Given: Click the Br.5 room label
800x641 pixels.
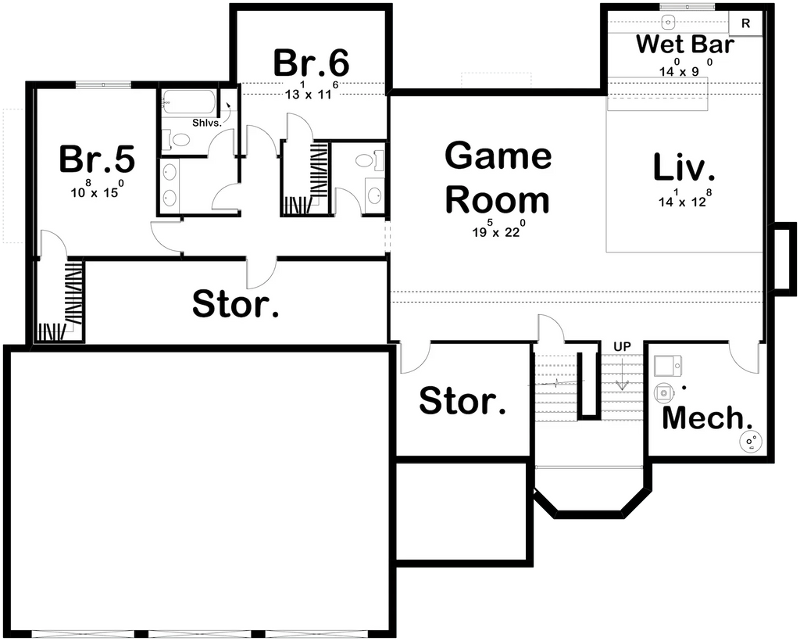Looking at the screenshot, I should [97, 159].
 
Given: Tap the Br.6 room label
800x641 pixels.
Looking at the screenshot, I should [311, 63].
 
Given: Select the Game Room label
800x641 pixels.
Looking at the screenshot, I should [498, 178].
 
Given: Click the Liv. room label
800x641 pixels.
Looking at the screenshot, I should [684, 167].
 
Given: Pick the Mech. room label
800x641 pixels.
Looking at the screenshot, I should [702, 418].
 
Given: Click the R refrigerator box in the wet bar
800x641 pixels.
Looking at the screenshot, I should [745, 23].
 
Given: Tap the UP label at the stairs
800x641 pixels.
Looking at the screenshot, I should [622, 346].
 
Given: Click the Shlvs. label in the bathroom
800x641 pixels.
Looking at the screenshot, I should [207, 122].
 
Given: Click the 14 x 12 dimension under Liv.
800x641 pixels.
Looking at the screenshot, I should [685, 201].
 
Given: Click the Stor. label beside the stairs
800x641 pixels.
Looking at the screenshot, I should [462, 401].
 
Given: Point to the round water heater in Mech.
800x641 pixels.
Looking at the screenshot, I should [752, 442].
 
